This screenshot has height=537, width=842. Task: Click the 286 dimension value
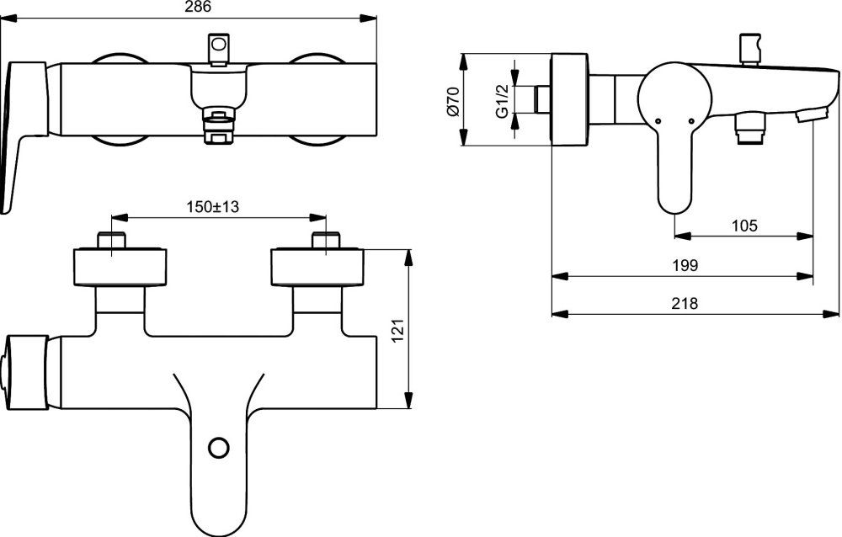pos(198,6)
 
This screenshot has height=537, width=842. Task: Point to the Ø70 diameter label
pos(452,101)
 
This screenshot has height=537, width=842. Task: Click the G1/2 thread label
pos(502,101)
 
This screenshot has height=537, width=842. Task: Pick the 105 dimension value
pos(744,226)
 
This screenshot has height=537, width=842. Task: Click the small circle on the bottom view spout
pos(218,447)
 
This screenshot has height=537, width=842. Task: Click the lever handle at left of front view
pos(23,126)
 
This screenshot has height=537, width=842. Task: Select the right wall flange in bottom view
pos(318,268)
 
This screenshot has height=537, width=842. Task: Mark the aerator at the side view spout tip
pos(807,117)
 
